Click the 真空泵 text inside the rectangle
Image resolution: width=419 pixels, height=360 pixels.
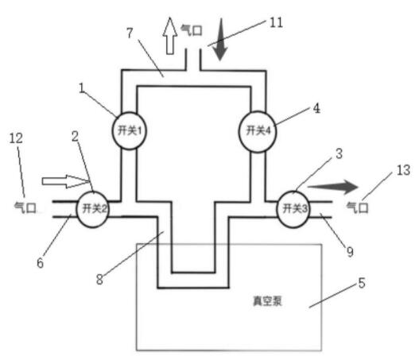267,301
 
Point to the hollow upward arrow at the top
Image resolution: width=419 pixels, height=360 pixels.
170,36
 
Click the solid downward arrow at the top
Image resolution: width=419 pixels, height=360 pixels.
220,39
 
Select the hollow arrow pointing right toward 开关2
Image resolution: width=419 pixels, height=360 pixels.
65,181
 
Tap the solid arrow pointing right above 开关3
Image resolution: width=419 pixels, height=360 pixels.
332,187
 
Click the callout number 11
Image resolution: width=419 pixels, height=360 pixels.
277,23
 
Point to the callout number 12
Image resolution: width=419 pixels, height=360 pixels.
16,138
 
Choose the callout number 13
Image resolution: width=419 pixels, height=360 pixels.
403,170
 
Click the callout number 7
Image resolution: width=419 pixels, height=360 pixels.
130,33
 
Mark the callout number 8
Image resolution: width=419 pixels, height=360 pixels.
99,280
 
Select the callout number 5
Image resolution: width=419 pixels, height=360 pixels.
361,283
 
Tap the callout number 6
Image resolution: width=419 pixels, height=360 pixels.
40,263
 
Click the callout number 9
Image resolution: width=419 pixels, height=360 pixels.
350,252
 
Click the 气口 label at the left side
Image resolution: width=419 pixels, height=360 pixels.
25,207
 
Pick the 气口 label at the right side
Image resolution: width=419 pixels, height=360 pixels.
358,207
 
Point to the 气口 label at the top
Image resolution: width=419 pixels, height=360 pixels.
192,30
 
